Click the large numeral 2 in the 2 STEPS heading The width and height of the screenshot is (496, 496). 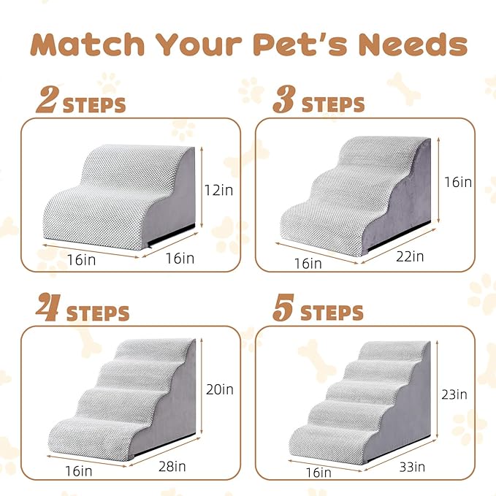(x=47, y=102)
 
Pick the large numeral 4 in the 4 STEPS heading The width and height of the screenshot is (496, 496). (x=49, y=310)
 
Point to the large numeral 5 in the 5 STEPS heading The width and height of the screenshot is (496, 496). (x=283, y=310)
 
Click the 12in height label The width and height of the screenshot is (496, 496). (x=218, y=191)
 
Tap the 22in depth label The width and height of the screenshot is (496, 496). (x=409, y=256)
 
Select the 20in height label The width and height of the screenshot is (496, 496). (x=218, y=389)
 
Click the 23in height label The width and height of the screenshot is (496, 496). (x=454, y=394)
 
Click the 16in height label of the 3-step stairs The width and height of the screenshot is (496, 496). (x=457, y=182)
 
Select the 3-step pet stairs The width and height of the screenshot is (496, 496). (x=358, y=194)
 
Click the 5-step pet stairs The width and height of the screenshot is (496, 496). (x=362, y=402)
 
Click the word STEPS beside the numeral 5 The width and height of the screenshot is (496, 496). (x=332, y=313)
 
